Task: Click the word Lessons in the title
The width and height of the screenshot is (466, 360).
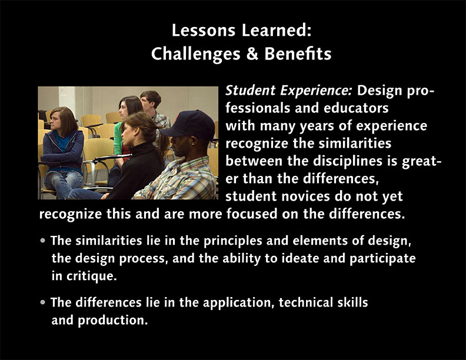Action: (x=204, y=31)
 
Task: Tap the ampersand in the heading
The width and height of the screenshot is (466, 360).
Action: (x=252, y=54)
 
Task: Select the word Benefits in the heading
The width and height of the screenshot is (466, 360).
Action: (x=298, y=54)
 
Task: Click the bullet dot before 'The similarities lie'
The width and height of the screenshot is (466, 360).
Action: (x=43, y=241)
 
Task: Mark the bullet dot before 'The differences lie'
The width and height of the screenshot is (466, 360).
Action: (x=43, y=302)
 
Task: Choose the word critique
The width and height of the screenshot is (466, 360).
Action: (x=91, y=276)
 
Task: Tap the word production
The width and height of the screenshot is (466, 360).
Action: (x=112, y=321)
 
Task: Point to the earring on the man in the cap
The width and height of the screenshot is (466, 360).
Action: (x=193, y=144)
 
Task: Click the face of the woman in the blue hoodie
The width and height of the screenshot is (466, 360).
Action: (x=56, y=121)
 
